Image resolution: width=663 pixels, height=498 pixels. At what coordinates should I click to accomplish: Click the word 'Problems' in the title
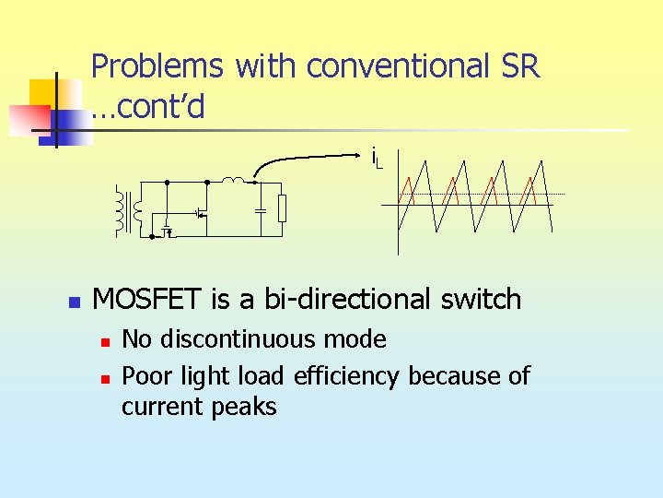(x=157, y=66)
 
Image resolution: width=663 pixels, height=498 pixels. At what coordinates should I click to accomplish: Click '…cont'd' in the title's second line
(x=147, y=108)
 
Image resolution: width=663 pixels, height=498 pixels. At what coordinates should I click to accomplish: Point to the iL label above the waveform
(x=376, y=158)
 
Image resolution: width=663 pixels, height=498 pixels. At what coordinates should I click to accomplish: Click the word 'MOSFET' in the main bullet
(x=149, y=299)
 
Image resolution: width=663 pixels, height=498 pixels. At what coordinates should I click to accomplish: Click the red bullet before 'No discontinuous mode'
(x=106, y=342)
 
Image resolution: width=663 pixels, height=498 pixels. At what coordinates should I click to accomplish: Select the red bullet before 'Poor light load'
(x=106, y=378)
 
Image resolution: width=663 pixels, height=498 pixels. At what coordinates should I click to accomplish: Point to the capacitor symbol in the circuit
(x=261, y=210)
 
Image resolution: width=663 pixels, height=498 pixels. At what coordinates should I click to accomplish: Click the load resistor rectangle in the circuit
(x=283, y=209)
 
